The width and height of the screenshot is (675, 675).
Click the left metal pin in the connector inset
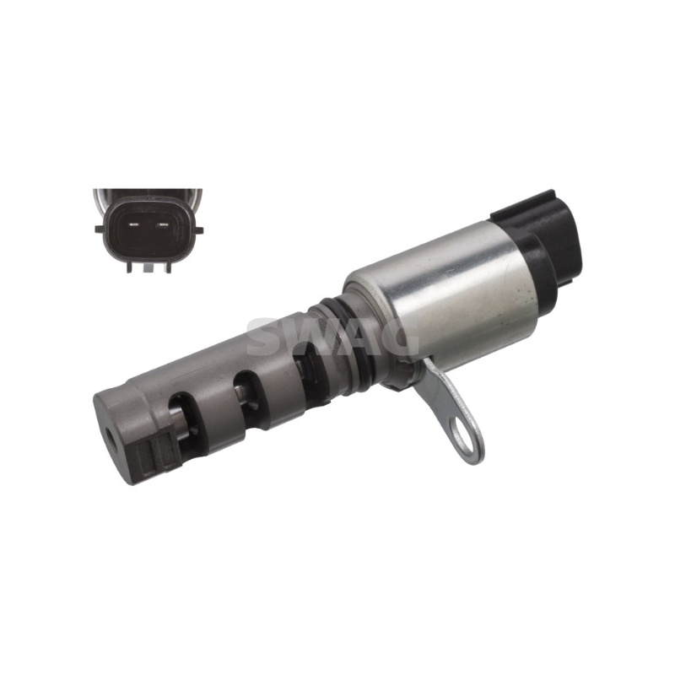coord(133,224)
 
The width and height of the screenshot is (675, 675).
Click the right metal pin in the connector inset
coord(163,224)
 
